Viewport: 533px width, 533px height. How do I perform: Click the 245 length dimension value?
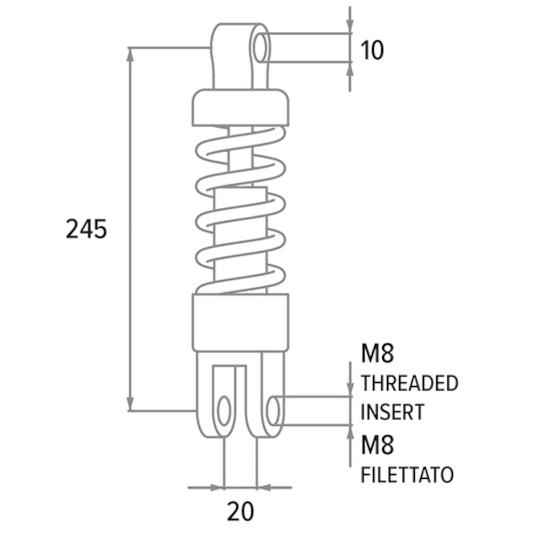pyautogui.click(x=86, y=229)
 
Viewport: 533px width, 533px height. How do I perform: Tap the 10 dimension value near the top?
pyautogui.click(x=372, y=50)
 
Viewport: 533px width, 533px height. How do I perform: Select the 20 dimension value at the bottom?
pyautogui.click(x=241, y=512)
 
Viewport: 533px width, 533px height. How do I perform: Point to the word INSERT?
pyautogui.click(x=393, y=412)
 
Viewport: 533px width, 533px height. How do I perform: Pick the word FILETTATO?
pyautogui.click(x=407, y=475)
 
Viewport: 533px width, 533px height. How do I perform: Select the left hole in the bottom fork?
pyautogui.click(x=224, y=411)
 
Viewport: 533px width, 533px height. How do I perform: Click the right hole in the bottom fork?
pyautogui.click(x=273, y=411)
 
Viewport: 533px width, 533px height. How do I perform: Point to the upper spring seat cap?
pyautogui.click(x=241, y=108)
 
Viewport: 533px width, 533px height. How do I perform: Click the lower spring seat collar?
pyautogui.click(x=241, y=322)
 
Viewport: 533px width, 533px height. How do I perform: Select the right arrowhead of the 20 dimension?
pyautogui.click(x=264, y=488)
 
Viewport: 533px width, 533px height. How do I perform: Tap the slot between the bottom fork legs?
pyautogui.click(x=241, y=402)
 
